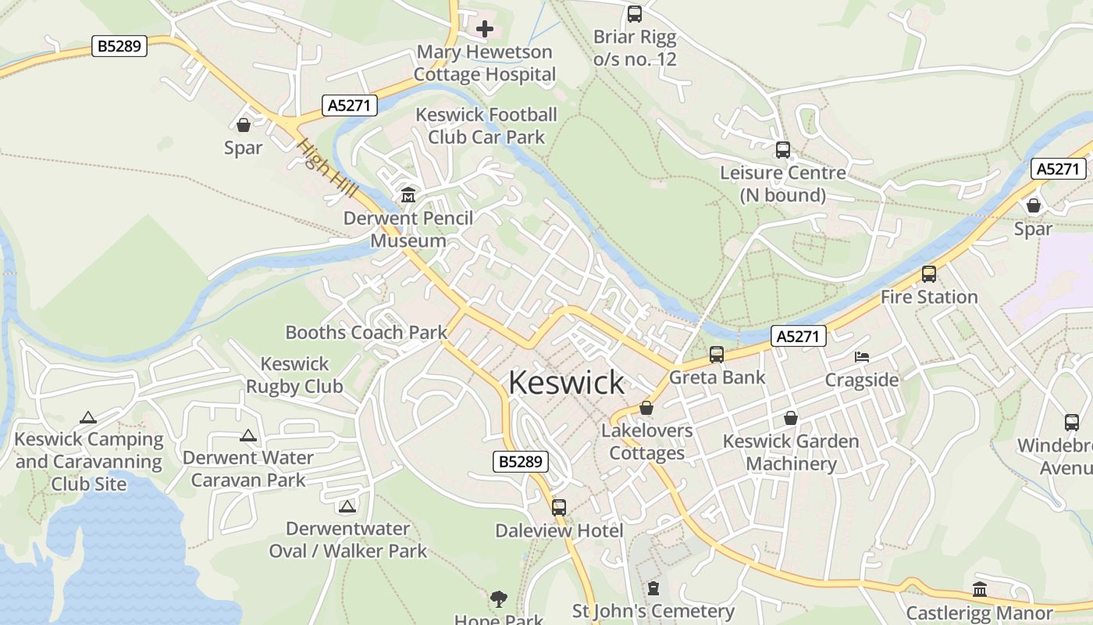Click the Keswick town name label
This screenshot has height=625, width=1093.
[x=566, y=383]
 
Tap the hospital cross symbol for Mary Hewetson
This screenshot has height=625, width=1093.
[x=485, y=30]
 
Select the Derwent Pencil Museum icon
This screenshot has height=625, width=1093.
[x=408, y=195]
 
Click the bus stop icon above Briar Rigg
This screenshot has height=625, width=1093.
[x=635, y=14]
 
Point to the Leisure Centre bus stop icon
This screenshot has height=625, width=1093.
[x=782, y=150]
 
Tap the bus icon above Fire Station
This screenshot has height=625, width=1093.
[x=928, y=274]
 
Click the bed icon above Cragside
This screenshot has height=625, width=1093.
[x=861, y=357]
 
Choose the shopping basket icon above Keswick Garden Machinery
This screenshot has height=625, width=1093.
[x=791, y=418]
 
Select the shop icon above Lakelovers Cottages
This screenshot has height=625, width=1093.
[x=646, y=408]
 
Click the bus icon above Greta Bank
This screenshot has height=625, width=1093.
[x=717, y=355]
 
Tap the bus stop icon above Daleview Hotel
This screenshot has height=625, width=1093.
[x=559, y=508]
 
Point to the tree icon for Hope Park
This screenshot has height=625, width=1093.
[x=498, y=599]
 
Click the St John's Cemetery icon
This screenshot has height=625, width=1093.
[x=653, y=588]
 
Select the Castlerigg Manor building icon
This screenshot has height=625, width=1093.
[x=979, y=590]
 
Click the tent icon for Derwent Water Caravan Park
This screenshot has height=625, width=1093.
[x=248, y=436]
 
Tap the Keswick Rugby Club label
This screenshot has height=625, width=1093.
[x=294, y=375]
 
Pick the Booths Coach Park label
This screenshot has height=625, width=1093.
[x=366, y=332]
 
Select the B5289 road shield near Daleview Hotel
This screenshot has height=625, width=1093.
[x=521, y=462]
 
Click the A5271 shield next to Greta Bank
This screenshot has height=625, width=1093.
[x=799, y=337]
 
